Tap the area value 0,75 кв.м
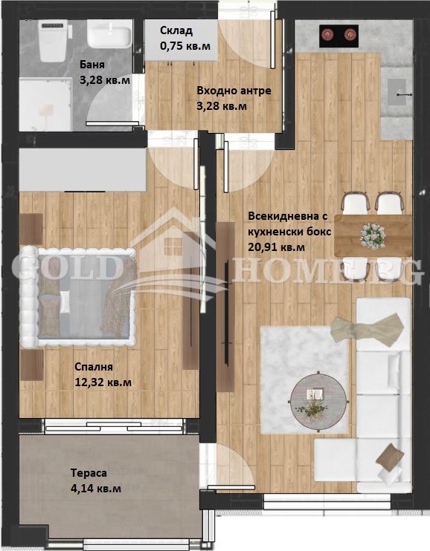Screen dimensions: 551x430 [x=185, y=46]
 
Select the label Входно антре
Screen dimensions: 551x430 [x=234, y=91]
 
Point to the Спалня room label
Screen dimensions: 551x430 [x=93, y=367]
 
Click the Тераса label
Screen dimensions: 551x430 [x=89, y=472]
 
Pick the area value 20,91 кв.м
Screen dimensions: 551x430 [x=277, y=248]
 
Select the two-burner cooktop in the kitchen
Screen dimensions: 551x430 [x=338, y=34]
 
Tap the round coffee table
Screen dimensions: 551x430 [x=318, y=397]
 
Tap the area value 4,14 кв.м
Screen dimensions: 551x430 [x=96, y=489]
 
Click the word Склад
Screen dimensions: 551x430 [x=176, y=30]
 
